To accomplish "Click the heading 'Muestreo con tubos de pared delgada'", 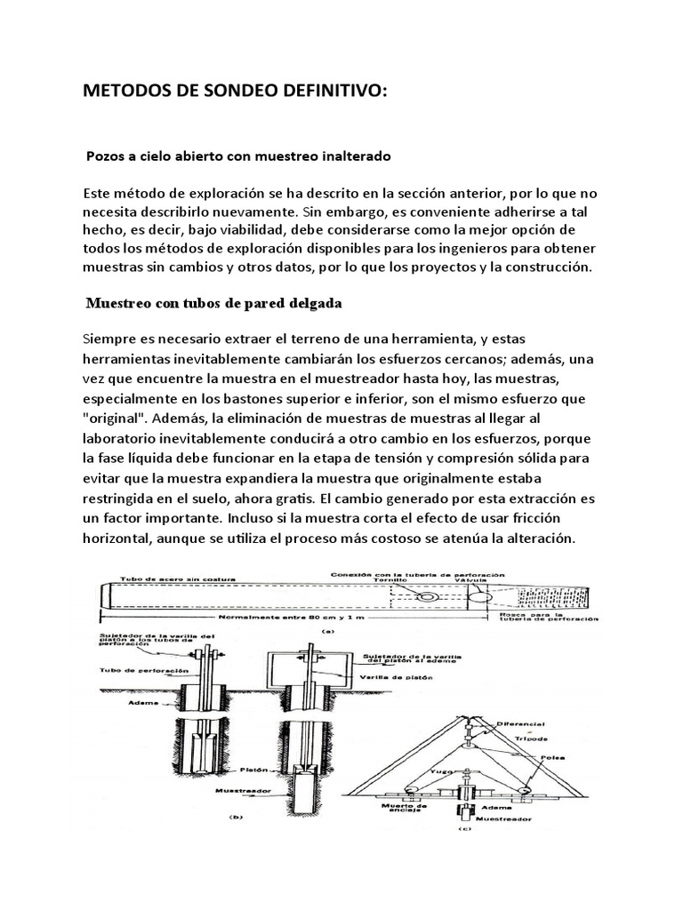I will click(213, 303).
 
